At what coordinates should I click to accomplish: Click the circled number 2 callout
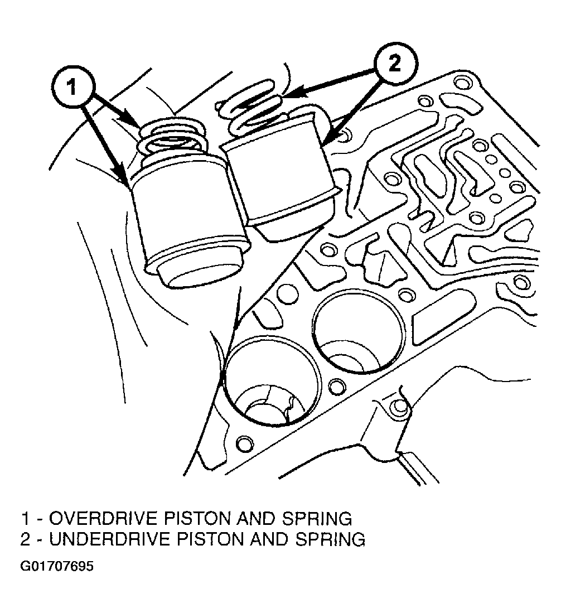[395, 64]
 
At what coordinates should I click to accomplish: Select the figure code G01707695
[57, 567]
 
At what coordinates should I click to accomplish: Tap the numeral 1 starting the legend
[25, 518]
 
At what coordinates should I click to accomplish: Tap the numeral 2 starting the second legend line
[25, 539]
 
